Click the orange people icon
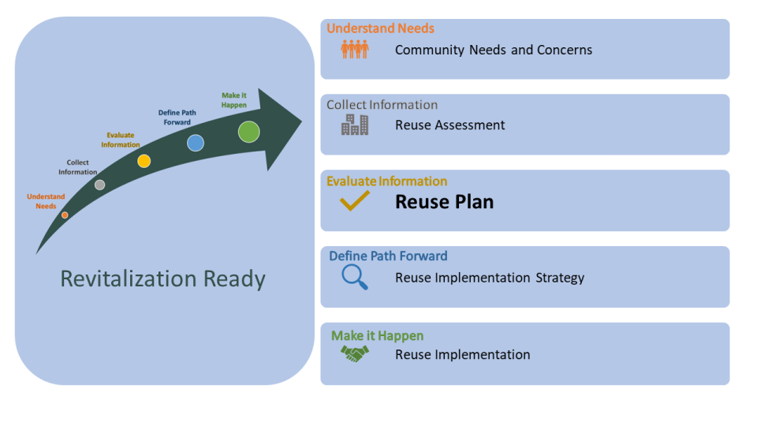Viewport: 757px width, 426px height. click(x=355, y=50)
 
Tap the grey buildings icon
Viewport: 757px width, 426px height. click(x=355, y=125)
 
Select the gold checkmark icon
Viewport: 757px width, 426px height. click(x=355, y=202)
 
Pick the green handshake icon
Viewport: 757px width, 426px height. click(x=355, y=355)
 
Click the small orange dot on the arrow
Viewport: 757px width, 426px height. click(x=65, y=215)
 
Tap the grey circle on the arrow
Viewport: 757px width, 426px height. click(x=99, y=185)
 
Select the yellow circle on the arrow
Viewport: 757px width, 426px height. click(x=144, y=161)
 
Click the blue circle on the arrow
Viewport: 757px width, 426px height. click(x=196, y=143)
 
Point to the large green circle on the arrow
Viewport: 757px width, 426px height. click(x=249, y=131)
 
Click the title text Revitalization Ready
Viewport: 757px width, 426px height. click(x=163, y=279)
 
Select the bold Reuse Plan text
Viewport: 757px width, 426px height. click(x=444, y=202)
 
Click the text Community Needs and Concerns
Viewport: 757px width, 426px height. click(x=494, y=50)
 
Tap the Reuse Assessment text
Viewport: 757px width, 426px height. click(x=450, y=125)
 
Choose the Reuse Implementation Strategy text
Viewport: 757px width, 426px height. click(x=490, y=278)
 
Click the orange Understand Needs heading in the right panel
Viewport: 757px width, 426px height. click(x=380, y=28)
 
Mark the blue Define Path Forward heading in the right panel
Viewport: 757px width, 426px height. click(x=388, y=256)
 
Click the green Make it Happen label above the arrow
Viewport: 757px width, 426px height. click(x=234, y=100)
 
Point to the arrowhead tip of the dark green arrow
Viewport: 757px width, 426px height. click(x=300, y=121)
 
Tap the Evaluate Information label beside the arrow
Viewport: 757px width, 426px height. click(x=121, y=140)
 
